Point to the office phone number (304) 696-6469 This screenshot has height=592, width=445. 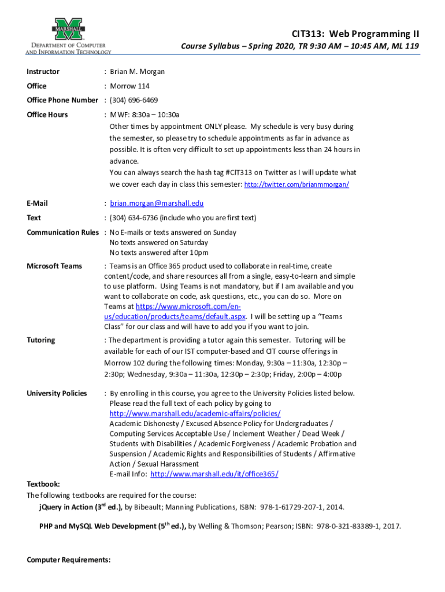point(133,100)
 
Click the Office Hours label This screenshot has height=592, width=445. point(47,114)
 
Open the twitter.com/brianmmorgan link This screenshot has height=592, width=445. point(296,184)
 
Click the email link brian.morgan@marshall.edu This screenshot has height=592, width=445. point(157,203)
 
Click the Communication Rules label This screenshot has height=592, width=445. point(63,232)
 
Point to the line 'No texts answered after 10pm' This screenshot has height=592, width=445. point(159,253)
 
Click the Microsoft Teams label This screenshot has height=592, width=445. point(54,266)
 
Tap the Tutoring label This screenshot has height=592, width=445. point(41,340)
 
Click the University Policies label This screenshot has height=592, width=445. point(57,393)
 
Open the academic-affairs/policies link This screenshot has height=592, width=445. point(195,413)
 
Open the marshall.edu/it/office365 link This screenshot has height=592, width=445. point(214,474)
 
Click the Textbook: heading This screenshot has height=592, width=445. point(44,484)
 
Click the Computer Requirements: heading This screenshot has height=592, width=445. point(69,560)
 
